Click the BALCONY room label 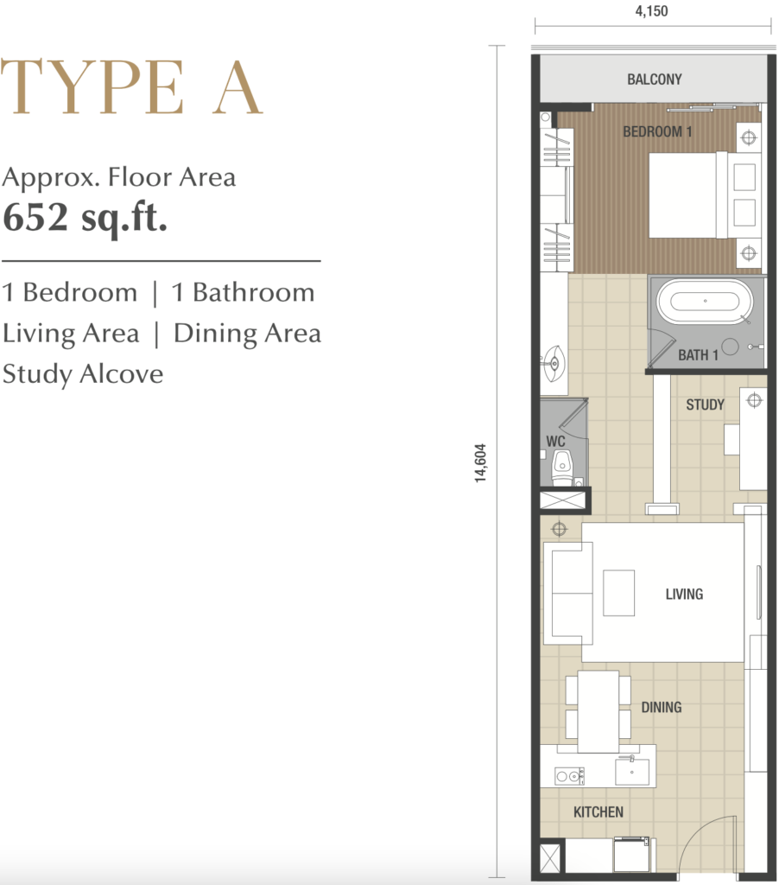[655, 79]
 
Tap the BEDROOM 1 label [657, 131]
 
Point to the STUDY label [705, 404]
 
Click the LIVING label [684, 594]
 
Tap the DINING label [661, 707]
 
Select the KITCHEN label [598, 812]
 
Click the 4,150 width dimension [651, 11]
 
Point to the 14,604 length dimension [480, 463]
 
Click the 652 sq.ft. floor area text [85, 217]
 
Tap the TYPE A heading [131, 86]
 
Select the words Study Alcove [83, 373]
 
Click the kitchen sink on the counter [632, 771]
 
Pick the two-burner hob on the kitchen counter [569, 777]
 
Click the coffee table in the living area [619, 593]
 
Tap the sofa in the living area [567, 593]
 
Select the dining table [598, 712]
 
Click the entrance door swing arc [699, 830]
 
